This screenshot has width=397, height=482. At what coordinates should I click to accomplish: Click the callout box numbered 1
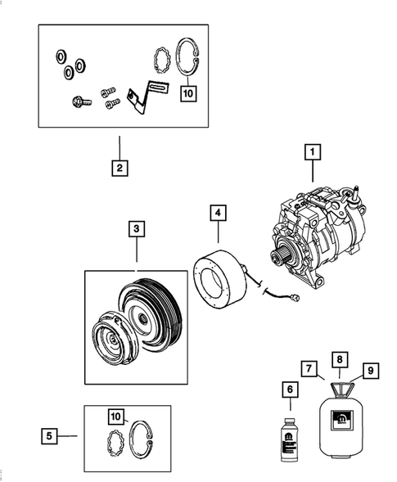pos(311,151)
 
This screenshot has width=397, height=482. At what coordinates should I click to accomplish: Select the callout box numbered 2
pos(120,169)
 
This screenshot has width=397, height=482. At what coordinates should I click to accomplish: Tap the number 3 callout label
pos(136,227)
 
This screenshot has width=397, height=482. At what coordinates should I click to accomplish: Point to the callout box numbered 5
pos(51,436)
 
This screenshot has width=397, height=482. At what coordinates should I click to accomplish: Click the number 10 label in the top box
pos(189,93)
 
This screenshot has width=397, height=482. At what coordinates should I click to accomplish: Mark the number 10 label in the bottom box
pos(117,417)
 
